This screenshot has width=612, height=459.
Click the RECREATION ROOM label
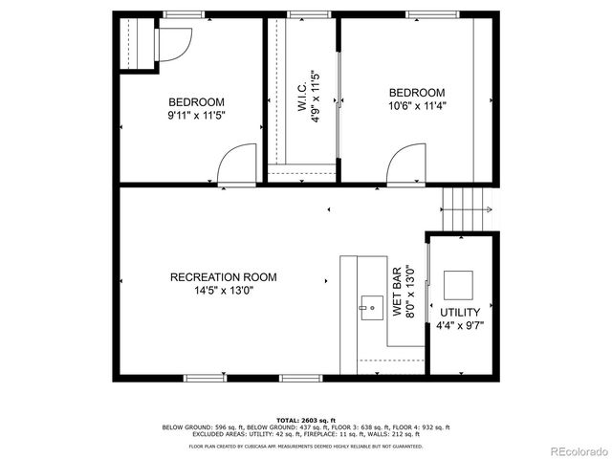coord(223,277)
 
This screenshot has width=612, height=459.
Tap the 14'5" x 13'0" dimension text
coord(223,292)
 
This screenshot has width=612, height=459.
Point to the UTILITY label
coord(460,313)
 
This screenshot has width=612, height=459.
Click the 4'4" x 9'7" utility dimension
coord(460,326)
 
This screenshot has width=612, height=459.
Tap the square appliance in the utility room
coord(459,284)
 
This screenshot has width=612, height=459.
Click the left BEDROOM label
coord(196,103)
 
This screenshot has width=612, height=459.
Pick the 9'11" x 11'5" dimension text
coord(196,117)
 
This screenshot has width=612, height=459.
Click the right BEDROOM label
coord(416,93)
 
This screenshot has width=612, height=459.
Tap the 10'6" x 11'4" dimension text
coord(416,106)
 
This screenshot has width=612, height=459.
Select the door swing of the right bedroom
coord(405,164)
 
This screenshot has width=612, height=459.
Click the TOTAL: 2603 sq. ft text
coord(305,420)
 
